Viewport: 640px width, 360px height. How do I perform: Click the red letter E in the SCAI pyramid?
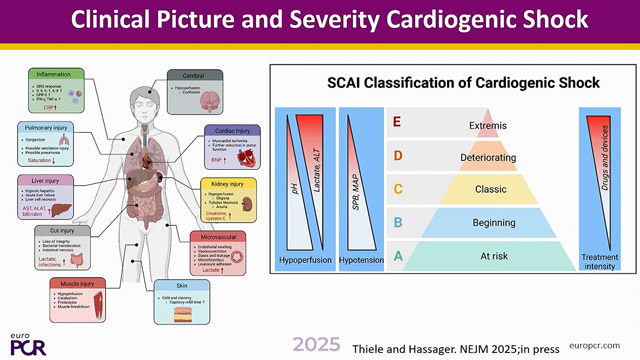398,123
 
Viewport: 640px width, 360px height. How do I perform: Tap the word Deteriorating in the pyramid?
482,157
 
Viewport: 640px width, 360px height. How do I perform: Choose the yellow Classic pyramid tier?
482,189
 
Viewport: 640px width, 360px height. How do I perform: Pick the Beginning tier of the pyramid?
482,222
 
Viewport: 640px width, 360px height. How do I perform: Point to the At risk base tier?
482,255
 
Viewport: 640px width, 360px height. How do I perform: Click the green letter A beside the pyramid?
398,255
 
